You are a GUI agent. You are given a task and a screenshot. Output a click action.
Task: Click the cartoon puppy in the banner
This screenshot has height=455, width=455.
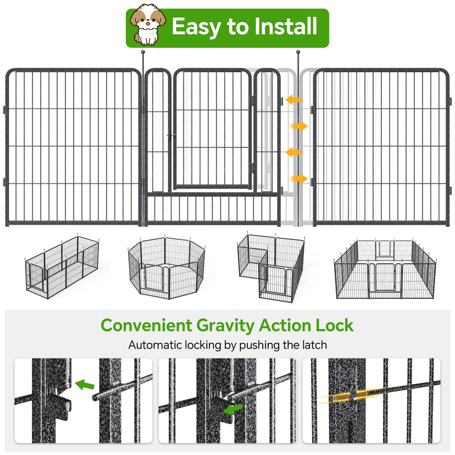tap(148, 24)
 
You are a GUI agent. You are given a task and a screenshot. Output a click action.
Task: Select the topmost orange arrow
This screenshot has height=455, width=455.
tap(294, 99)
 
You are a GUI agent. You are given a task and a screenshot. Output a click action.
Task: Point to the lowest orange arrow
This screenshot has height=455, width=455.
tap(299, 179)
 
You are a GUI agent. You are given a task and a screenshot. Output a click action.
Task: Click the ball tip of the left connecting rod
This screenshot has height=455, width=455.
tap(143, 52)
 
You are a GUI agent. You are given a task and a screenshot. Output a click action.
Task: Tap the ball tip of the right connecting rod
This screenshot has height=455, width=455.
tap(298, 52)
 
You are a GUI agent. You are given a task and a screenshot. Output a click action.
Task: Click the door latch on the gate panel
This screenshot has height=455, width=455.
tap(171, 135)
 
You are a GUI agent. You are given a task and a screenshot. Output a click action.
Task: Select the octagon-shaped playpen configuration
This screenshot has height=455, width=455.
tap(167, 268)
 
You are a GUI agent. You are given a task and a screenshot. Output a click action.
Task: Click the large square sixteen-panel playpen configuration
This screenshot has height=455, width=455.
tap(385, 270)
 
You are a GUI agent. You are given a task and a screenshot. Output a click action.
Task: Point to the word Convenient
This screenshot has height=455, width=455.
tap(146, 325)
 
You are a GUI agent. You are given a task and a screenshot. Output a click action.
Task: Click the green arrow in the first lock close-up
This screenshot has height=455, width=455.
tap(85, 384)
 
